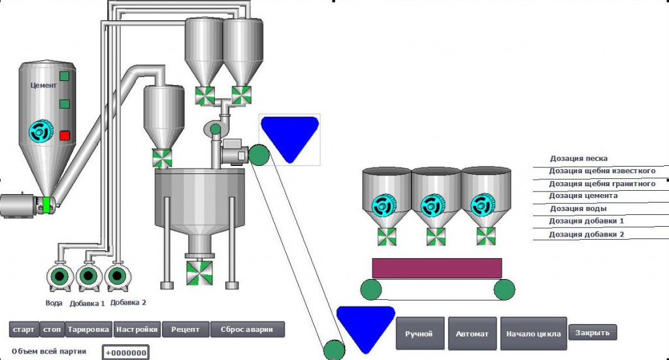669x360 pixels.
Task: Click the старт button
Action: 24,329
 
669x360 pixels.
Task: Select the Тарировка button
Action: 89,329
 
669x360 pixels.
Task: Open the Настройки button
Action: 137,329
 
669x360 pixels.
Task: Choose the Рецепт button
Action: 186,329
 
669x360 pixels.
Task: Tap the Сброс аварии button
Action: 247,329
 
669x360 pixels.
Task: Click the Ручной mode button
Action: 420,334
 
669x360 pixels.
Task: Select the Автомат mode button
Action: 472,334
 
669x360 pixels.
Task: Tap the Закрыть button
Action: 592,333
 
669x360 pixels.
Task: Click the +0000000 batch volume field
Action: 126,353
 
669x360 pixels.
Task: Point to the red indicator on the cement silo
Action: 65,136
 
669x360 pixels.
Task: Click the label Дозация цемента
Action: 583,196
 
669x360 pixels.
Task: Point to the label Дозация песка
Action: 579,158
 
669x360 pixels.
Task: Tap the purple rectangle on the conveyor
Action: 437,269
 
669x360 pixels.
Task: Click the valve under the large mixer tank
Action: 199,273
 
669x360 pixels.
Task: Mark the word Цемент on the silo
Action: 44,86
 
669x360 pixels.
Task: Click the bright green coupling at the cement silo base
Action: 46,205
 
